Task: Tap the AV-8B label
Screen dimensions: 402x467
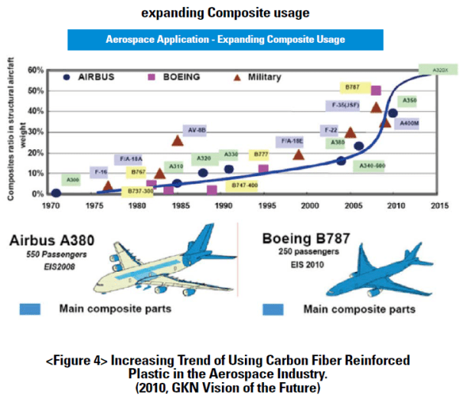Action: (x=195, y=130)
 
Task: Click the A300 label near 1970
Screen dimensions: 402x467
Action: (x=72, y=180)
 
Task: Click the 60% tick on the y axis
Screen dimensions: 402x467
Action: (x=34, y=70)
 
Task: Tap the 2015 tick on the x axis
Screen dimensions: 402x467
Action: (x=439, y=205)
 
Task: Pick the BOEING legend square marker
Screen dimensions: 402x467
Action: (x=152, y=77)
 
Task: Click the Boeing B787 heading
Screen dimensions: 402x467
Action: (x=304, y=238)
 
